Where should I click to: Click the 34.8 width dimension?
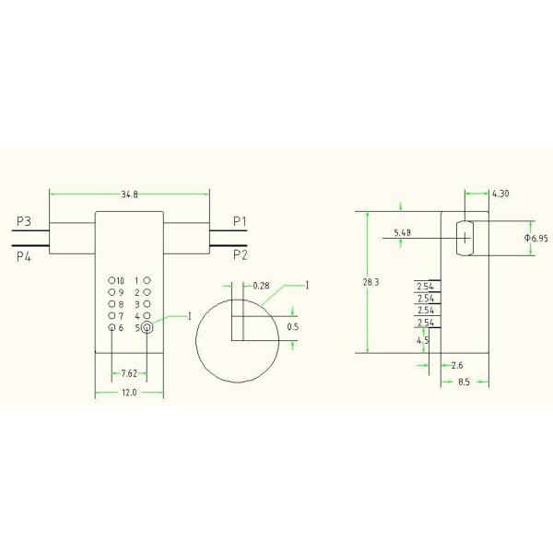point(130,194)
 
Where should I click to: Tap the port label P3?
point(24,222)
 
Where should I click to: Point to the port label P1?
point(240,221)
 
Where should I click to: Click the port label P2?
point(240,253)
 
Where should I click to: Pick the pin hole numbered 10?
point(111,279)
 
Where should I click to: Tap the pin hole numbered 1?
point(147,279)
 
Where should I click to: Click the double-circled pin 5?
point(147,326)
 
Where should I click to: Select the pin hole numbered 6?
point(112,327)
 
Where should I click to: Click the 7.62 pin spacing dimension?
point(130,374)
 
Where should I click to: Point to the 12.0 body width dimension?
point(129,393)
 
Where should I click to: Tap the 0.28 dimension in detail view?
point(261,286)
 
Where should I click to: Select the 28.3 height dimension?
point(371,282)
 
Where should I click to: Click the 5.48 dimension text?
point(402,233)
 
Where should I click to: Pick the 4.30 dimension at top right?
point(500,194)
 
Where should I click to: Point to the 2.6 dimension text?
point(458,366)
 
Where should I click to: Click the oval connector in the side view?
point(465,238)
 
